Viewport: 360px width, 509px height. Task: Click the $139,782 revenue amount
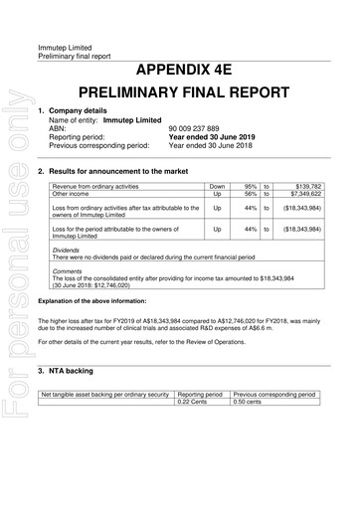click(x=328, y=186)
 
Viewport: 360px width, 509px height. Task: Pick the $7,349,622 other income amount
click(x=326, y=194)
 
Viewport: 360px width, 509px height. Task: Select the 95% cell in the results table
click(x=251, y=186)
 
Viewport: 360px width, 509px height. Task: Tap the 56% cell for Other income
click(x=251, y=194)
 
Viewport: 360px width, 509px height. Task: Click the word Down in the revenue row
click(x=217, y=186)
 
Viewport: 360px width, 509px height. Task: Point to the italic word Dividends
click(x=69, y=251)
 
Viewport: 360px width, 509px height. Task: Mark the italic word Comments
click(x=70, y=270)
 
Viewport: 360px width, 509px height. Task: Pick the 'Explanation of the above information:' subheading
click(x=96, y=298)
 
